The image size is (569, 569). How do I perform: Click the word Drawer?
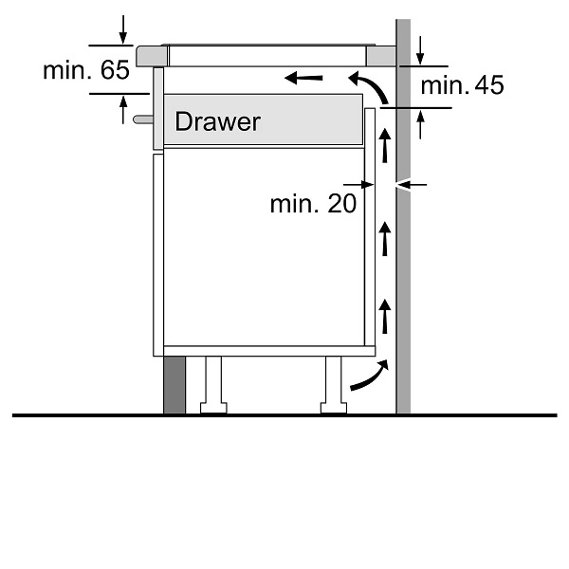pyautogui.click(x=217, y=121)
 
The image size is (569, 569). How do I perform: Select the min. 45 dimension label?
pyautogui.click(x=462, y=86)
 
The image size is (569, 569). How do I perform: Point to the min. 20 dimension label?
pyautogui.click(x=313, y=203)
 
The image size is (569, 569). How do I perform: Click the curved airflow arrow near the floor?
pyautogui.click(x=368, y=376)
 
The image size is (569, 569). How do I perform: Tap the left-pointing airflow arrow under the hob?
pyautogui.click(x=304, y=77)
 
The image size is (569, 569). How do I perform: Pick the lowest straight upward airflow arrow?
pyautogui.click(x=384, y=314)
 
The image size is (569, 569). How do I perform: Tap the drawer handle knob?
pyautogui.click(x=141, y=120)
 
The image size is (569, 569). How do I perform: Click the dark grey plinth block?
pyautogui.click(x=174, y=385)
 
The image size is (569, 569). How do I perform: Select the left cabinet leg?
pyautogui.click(x=212, y=383)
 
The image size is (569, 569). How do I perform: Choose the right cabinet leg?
pyautogui.click(x=335, y=384)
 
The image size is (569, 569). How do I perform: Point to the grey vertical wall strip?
pyautogui.click(x=402, y=284)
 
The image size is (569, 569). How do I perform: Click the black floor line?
pyautogui.click(x=284, y=415)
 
